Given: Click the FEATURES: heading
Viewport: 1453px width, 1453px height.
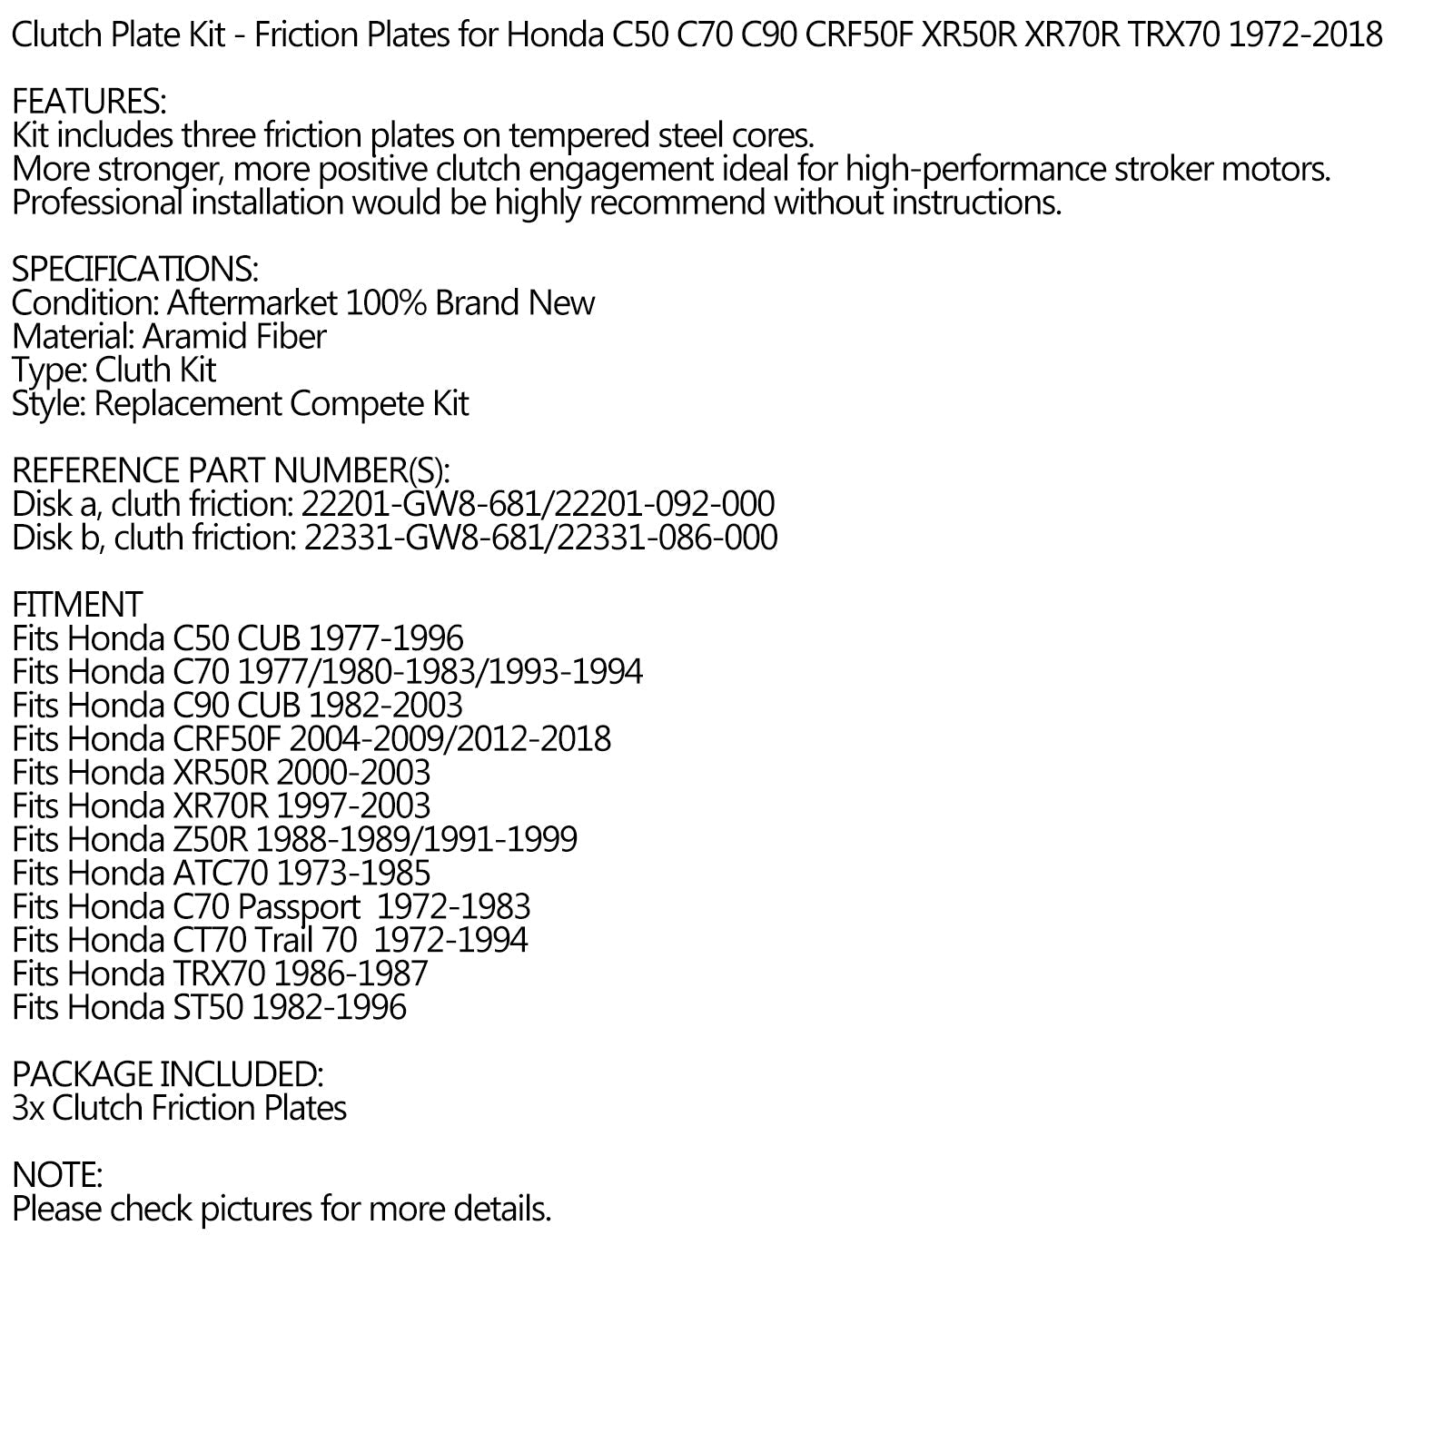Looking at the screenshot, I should tap(89, 102).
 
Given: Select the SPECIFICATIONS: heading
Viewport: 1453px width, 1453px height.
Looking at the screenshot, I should tap(135, 270).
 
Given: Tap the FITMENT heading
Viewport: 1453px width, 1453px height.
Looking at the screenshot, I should tap(77, 605).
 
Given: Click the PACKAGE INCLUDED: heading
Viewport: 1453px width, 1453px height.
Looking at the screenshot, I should tap(167, 1075).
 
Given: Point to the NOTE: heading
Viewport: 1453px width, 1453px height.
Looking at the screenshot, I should tap(57, 1176).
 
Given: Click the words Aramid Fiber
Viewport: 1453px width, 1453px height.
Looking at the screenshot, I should tap(234, 337).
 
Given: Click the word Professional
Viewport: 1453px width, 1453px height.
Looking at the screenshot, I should tap(97, 203).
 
